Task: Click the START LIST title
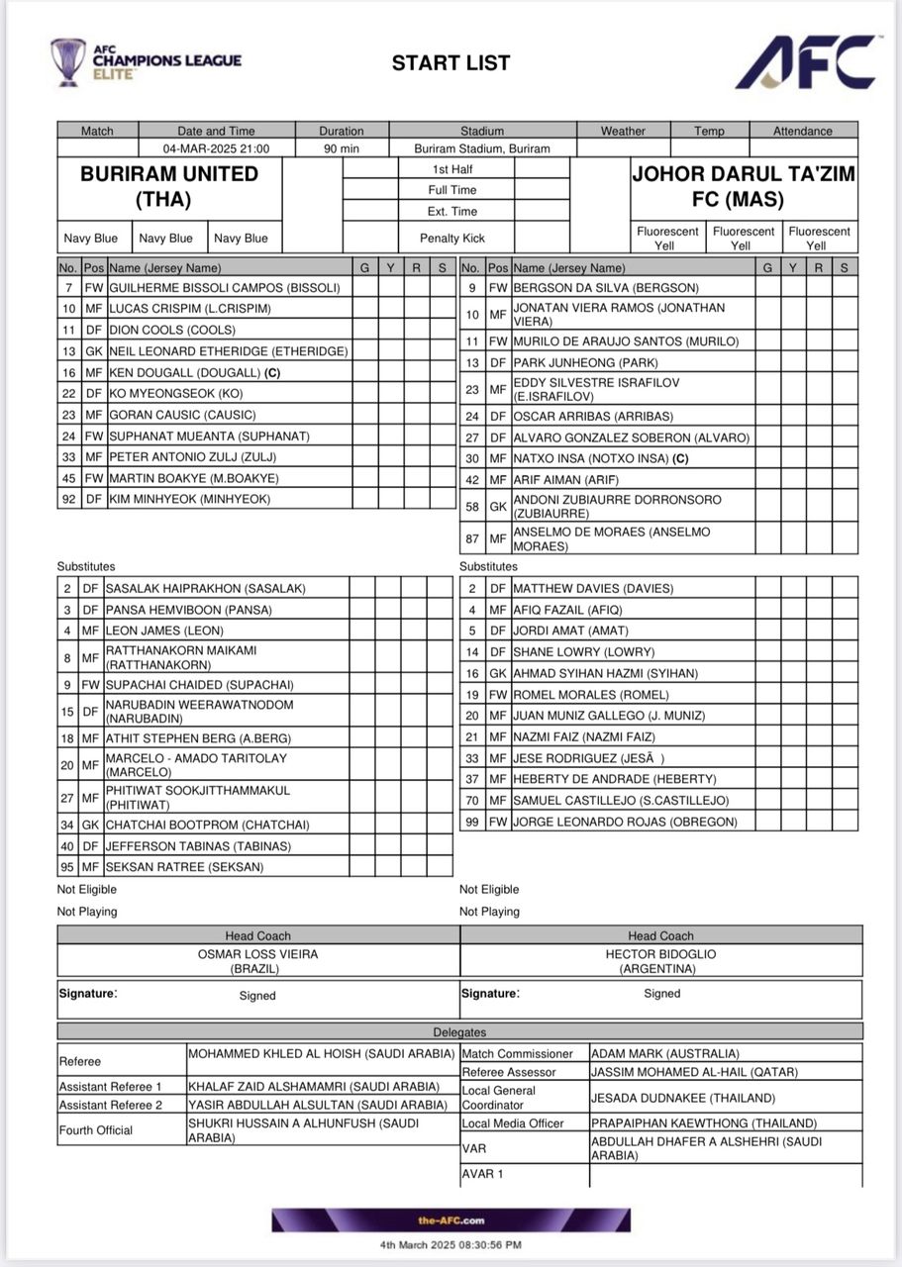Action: (x=451, y=63)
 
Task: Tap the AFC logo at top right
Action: (x=806, y=61)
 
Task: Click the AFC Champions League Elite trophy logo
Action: (x=69, y=61)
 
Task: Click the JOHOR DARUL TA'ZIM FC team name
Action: (x=744, y=186)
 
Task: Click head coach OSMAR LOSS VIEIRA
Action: (x=258, y=954)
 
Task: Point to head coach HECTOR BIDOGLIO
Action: (x=660, y=954)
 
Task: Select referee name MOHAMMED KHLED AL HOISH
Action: (x=321, y=1054)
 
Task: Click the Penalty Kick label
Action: (x=452, y=238)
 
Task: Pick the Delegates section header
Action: (x=459, y=1032)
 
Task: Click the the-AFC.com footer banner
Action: (x=451, y=1220)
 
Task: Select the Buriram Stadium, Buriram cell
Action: (x=482, y=148)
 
